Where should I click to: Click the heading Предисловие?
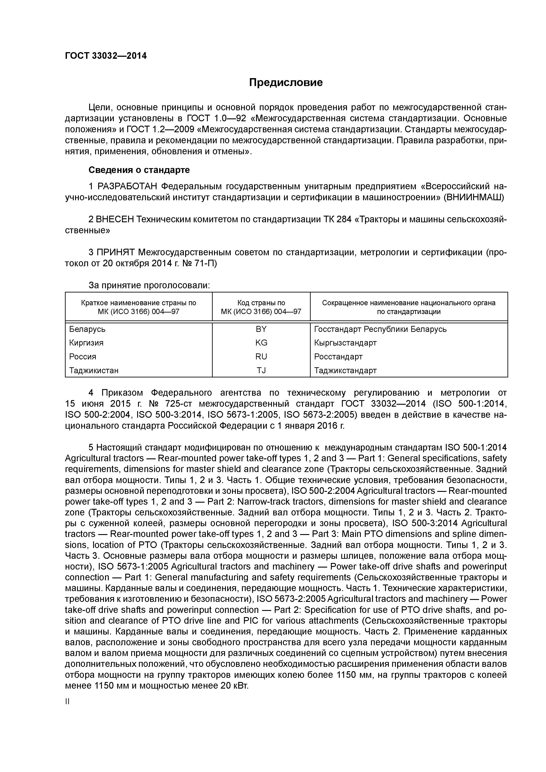click(286, 82)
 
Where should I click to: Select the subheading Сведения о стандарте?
click(139, 170)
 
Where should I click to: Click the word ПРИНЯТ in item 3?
click(116, 252)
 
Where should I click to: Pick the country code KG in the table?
click(261, 343)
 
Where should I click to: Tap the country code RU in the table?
click(261, 357)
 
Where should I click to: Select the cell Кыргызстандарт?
click(345, 343)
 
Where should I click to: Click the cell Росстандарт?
click(338, 357)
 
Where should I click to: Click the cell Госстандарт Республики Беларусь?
click(380, 329)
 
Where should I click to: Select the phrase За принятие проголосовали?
click(149, 285)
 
